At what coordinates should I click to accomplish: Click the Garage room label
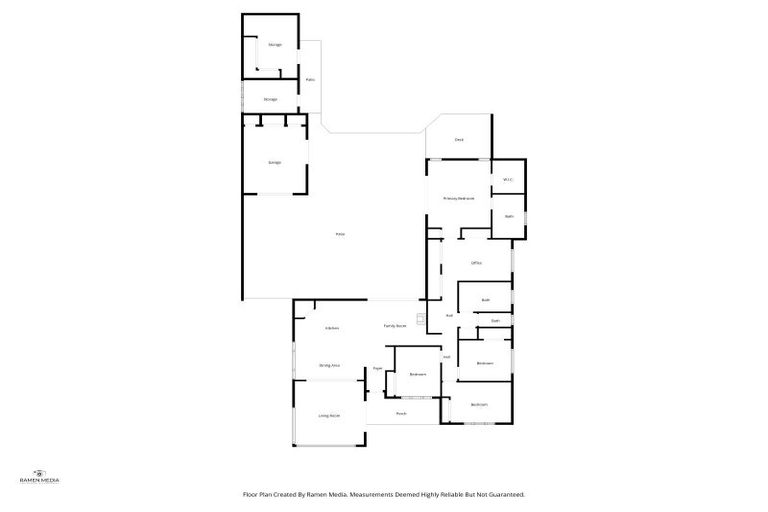coord(274,162)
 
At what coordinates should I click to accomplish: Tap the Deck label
coord(459,140)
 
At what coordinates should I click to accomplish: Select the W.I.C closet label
coord(508,180)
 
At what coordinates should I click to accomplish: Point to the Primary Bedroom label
coord(458,199)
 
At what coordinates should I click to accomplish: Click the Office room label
coord(477,263)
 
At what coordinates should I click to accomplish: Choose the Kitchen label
coord(332,328)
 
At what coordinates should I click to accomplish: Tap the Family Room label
coord(395,326)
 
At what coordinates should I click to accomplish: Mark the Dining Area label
coord(330,366)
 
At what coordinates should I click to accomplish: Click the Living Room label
coord(329,415)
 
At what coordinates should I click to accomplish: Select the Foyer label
coord(378,369)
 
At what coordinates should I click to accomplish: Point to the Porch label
coord(400,413)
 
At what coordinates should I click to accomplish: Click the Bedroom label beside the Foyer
coord(418,374)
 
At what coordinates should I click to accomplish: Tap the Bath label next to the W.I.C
coord(509,216)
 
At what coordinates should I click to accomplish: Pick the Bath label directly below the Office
coord(485,300)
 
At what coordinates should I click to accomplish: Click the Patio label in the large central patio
coord(340,234)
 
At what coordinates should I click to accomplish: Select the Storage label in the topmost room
coord(274,45)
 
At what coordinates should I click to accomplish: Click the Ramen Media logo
coord(40,476)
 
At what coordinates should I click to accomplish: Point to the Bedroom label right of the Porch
coord(480,404)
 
